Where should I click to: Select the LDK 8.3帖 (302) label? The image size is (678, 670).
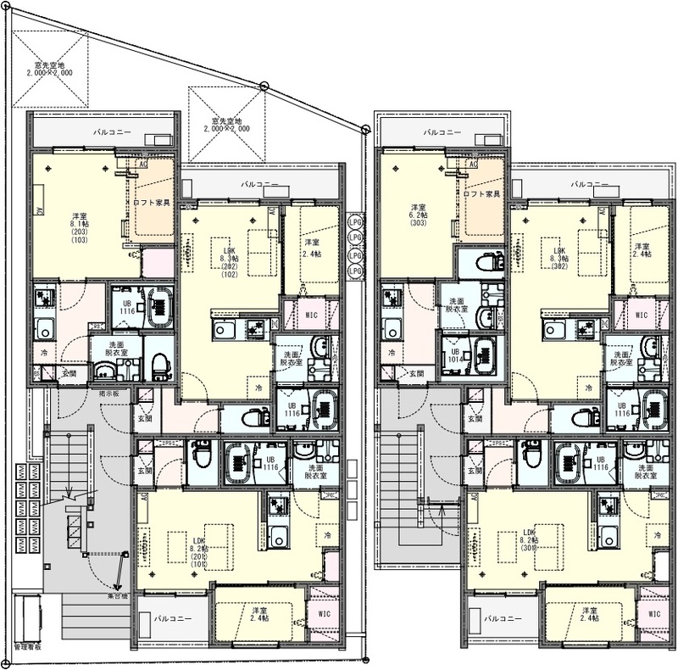click(559, 257)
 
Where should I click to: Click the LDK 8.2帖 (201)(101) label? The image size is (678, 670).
click(200, 551)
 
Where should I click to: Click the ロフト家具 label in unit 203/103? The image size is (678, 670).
click(153, 203)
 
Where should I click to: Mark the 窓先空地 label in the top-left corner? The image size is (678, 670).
click(49, 70)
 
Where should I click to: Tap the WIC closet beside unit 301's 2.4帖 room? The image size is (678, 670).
click(653, 613)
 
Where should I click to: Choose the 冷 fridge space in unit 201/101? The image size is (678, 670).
click(326, 536)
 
